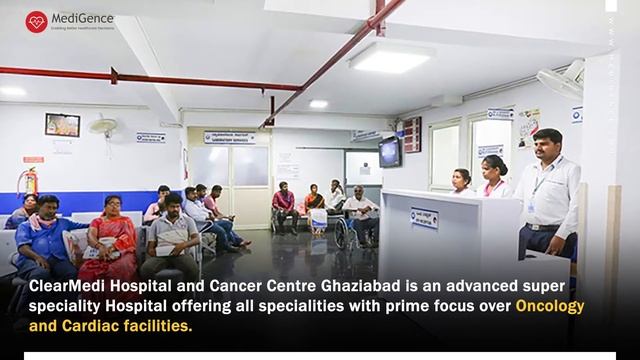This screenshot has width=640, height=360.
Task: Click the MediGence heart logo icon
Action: [37, 21]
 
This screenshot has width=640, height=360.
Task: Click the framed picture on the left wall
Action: [62, 125]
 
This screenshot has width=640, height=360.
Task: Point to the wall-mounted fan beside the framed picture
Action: [103, 127]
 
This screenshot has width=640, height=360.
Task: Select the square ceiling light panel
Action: [391, 57]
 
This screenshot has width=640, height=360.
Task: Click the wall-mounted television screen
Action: [389, 151]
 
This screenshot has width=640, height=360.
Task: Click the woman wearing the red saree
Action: [110, 240]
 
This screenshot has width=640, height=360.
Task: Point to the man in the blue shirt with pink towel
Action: [45, 240]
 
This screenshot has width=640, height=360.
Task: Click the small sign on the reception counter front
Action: [424, 217]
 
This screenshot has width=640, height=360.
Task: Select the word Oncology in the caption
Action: [549, 305]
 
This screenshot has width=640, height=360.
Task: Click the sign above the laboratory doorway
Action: [229, 137]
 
